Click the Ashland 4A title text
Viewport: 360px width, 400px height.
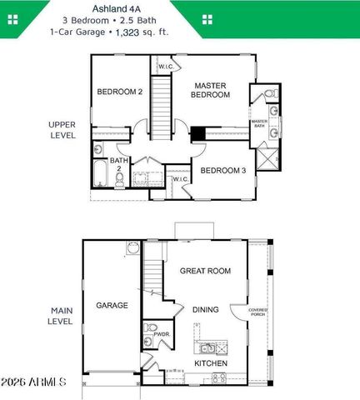(180, 7)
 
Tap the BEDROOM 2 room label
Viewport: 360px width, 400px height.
(120, 92)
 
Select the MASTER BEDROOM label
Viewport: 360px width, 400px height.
(212, 90)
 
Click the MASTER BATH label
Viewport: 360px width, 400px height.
(259, 125)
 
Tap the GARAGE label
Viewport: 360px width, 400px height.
(112, 305)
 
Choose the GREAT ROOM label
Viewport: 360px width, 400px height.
(205, 270)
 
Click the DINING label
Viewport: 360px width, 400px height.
(205, 309)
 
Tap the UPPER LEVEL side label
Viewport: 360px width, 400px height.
(62, 129)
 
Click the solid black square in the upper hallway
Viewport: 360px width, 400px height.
(197, 132)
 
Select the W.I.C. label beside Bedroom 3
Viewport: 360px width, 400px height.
(179, 178)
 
